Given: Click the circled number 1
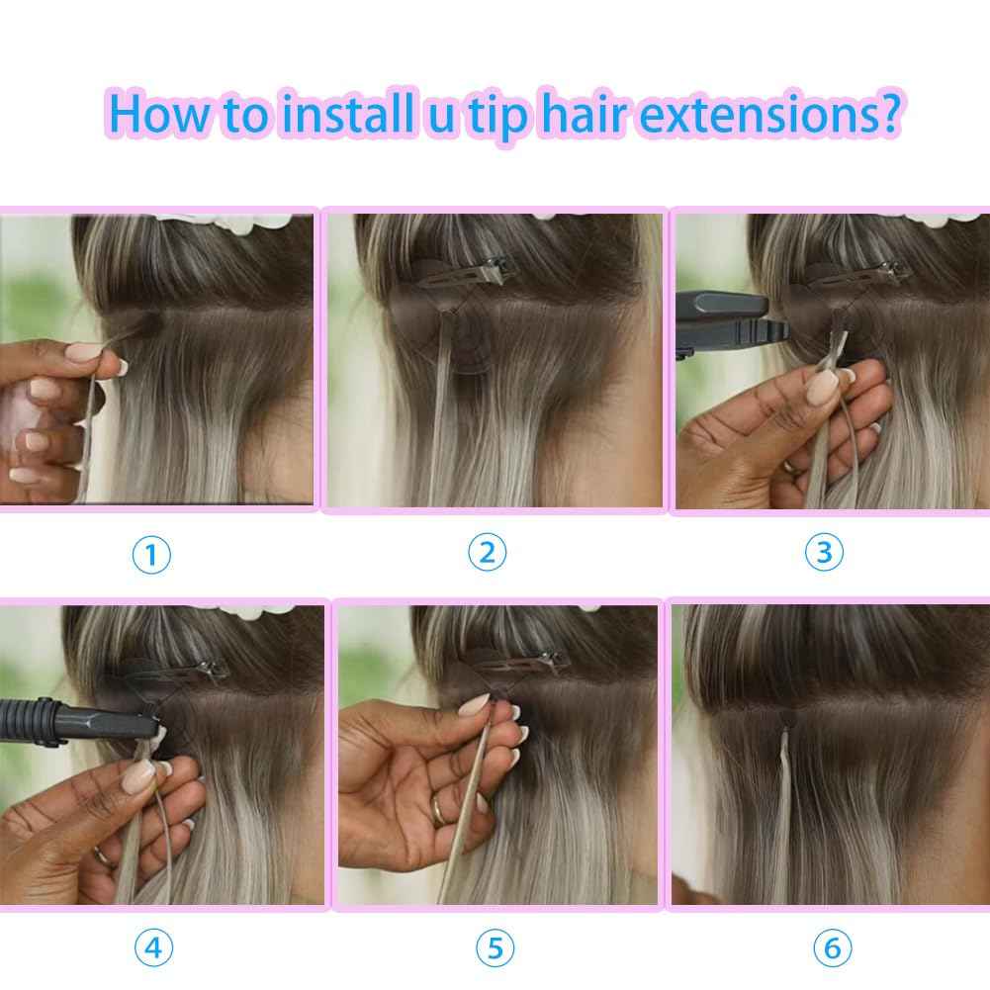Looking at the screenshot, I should click(151, 555).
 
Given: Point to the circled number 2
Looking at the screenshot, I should click(487, 553).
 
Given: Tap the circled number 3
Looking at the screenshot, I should click(824, 553).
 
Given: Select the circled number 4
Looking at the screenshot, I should click(152, 948).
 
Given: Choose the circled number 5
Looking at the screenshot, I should click(495, 948).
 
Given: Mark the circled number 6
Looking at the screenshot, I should click(831, 948).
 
